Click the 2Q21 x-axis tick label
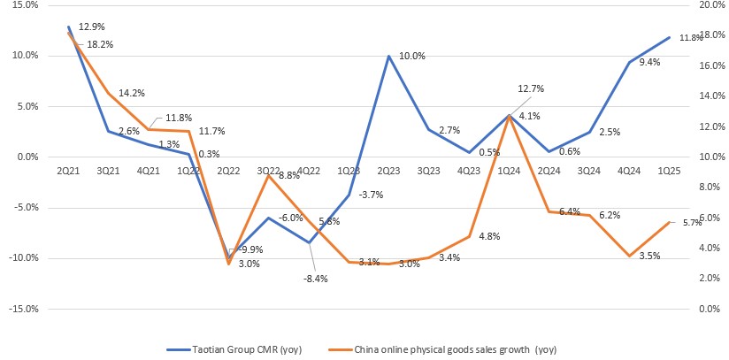click(69, 169)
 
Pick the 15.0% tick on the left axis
click(26, 4)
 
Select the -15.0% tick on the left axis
click(24, 310)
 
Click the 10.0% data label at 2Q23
click(411, 56)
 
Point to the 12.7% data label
click(530, 88)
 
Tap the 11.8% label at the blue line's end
click(690, 38)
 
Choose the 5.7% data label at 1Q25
click(692, 223)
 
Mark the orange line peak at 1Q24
click(508, 116)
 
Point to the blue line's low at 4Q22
click(309, 242)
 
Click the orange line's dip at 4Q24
click(628, 256)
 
